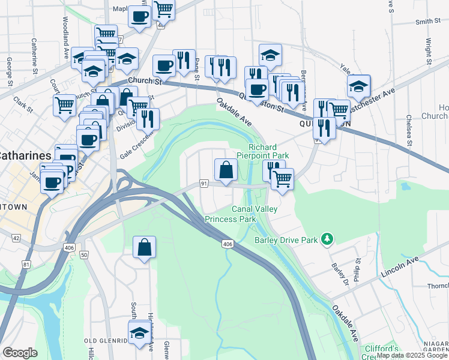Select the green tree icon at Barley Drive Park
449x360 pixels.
click(x=327, y=239)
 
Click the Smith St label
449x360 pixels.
click(x=428, y=22)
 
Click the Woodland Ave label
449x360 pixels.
click(x=66, y=28)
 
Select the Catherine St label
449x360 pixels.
click(x=34, y=53)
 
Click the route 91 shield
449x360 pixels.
click(x=204, y=183)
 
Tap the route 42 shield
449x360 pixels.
click(x=16, y=238)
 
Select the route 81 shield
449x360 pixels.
click(x=26, y=264)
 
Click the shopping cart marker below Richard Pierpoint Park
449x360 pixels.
click(x=282, y=177)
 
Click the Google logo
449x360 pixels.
click(x=20, y=353)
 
